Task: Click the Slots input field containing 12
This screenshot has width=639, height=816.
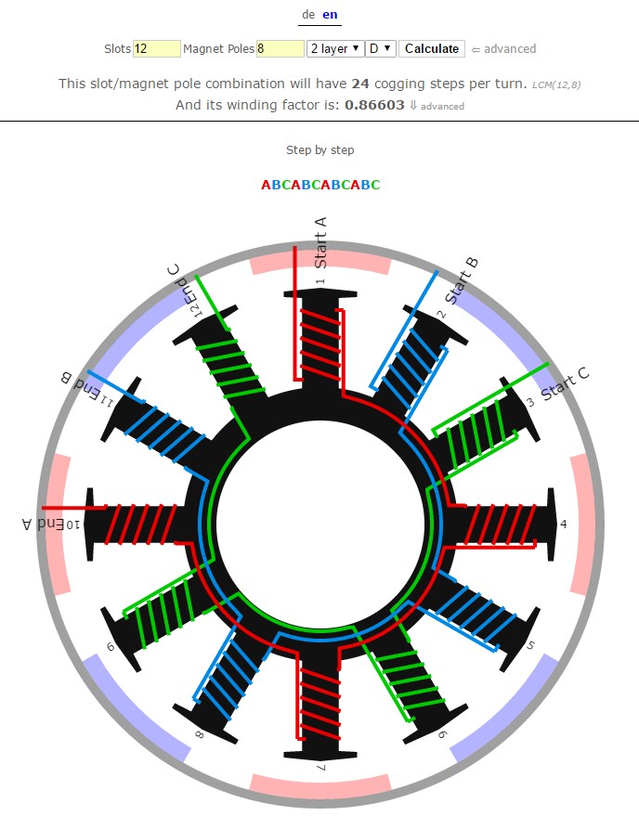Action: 157,49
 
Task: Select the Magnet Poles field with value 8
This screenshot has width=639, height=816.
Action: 280,49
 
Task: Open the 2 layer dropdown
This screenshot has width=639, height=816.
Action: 335,49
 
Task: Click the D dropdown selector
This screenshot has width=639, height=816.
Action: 381,49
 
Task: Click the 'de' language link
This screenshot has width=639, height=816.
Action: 308,15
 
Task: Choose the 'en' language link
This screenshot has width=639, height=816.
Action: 330,15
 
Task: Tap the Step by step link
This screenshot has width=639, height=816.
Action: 319,149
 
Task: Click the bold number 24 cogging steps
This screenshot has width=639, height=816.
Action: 360,84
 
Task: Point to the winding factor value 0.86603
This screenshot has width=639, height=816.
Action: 374,105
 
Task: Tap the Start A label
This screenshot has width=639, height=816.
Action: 320,242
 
